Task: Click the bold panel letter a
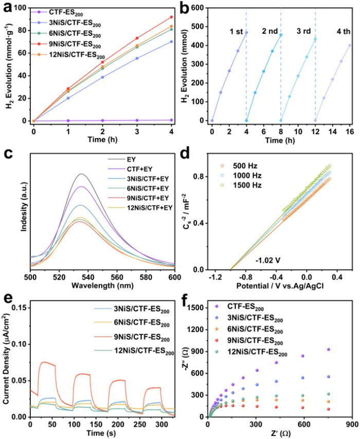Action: pyautogui.click(x=7, y=7)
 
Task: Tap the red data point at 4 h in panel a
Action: pyautogui.click(x=171, y=17)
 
